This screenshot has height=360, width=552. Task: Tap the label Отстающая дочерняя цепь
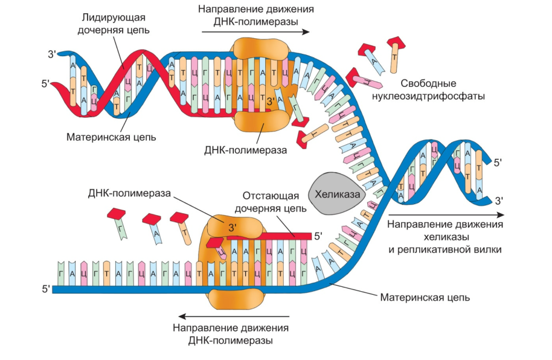(274, 201)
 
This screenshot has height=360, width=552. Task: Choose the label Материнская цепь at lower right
(425, 297)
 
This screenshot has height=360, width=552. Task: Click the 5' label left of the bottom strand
(45, 289)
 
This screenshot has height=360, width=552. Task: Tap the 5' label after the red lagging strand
(319, 235)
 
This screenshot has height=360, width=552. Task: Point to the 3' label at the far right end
(499, 200)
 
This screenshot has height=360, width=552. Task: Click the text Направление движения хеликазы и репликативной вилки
(444, 237)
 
